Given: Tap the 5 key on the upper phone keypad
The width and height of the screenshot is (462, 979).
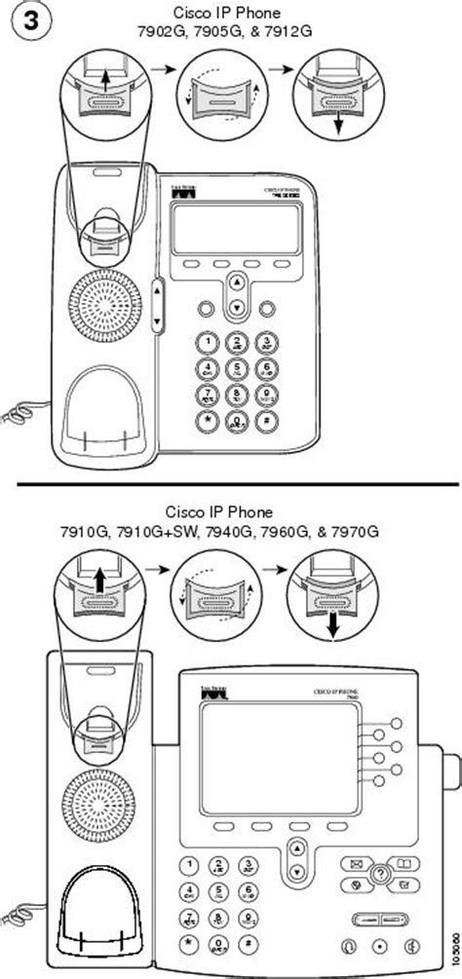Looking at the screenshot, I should (x=236, y=368).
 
